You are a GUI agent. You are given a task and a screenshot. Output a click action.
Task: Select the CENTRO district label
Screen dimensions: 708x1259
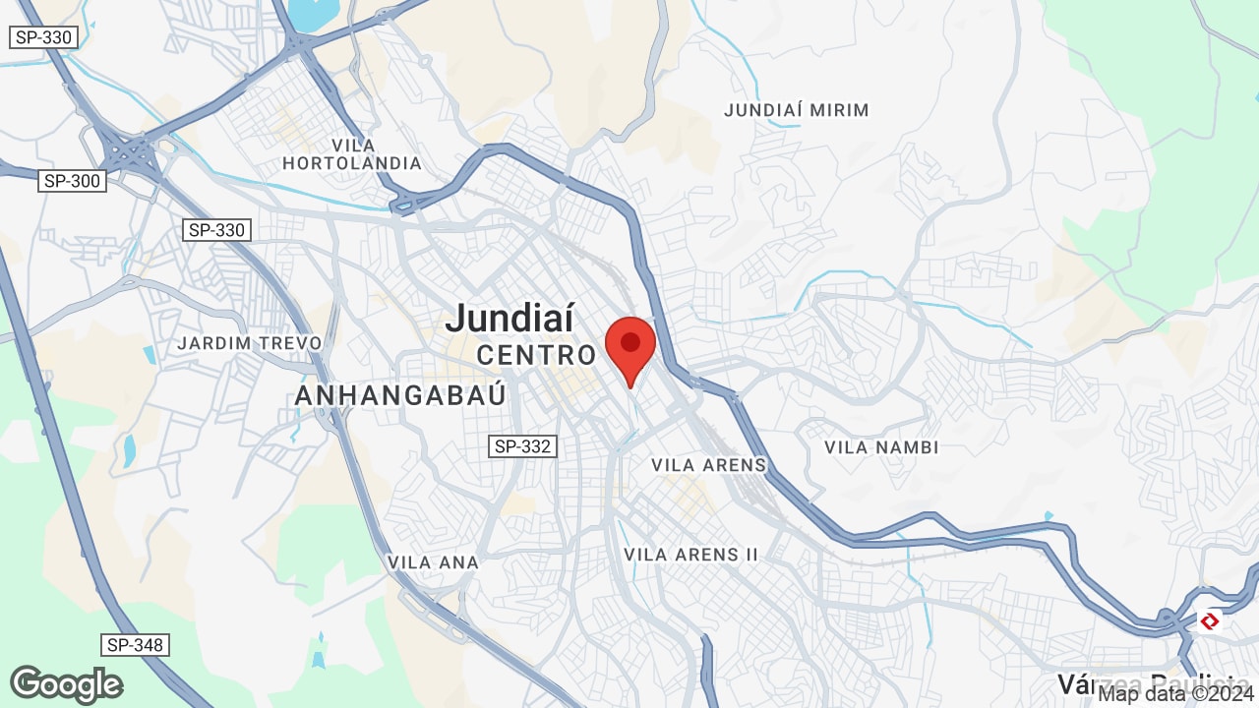pos(536,355)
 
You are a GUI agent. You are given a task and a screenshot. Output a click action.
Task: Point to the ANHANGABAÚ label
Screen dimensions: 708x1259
pos(400,395)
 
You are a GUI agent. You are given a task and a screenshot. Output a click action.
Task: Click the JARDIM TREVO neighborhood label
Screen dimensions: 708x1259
pos(250,343)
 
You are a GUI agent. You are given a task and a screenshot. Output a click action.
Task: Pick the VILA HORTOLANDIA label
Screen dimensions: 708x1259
pos(352,154)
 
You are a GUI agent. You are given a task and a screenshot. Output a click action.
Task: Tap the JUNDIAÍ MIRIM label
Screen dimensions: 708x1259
pos(797,110)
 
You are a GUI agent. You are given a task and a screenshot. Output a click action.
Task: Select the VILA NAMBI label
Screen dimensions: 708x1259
pos(881,447)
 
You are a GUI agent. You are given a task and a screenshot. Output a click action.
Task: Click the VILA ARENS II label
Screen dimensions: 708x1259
pos(690,555)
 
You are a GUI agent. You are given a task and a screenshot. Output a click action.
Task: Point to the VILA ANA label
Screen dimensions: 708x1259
pos(433,562)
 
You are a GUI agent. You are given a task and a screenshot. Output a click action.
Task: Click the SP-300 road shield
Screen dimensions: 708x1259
pos(72,181)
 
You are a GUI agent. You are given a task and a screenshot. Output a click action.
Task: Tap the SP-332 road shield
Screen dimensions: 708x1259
pos(523,446)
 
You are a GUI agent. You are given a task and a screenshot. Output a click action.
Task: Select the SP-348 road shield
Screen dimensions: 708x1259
pos(135,645)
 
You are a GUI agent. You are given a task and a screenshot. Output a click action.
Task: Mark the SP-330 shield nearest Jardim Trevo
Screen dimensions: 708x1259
pos(216,230)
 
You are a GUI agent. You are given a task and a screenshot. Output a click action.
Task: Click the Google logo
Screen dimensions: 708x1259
pos(66,684)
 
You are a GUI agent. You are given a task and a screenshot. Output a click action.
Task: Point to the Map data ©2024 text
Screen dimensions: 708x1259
pos(1176,694)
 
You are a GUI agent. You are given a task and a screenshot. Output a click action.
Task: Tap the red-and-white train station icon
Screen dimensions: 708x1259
pos(1210,620)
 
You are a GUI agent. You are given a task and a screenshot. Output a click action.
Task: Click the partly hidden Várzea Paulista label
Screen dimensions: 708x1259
pos(1146,682)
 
